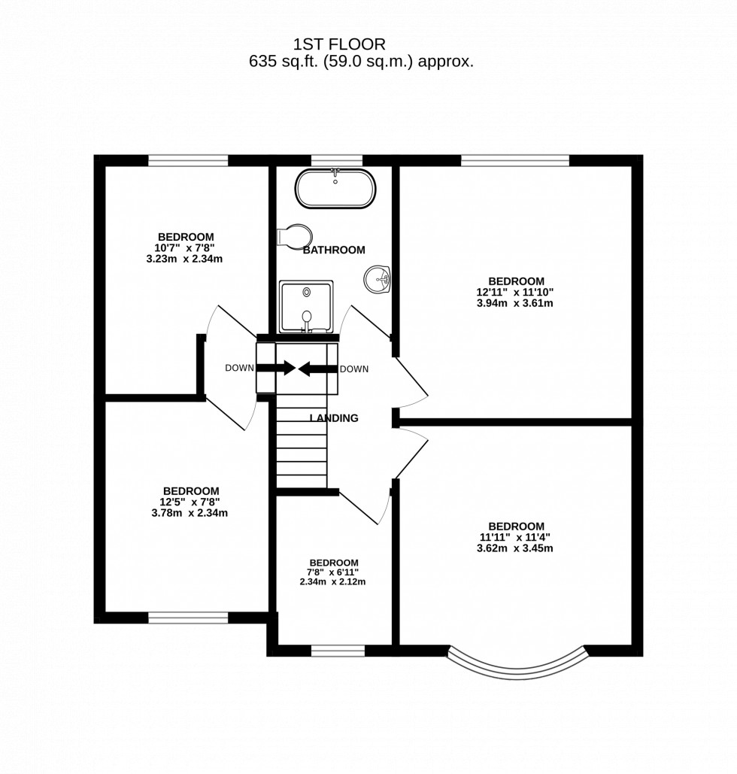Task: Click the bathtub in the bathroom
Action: click(335, 189)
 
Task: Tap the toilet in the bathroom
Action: click(293, 235)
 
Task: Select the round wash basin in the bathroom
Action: click(378, 280)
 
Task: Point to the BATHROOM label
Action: click(334, 250)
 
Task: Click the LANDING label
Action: click(334, 418)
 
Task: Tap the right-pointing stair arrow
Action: click(278, 368)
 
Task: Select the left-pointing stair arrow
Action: click(316, 369)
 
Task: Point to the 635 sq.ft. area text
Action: click(361, 62)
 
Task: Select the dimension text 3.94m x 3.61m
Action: click(515, 303)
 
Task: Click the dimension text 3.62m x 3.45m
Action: click(515, 548)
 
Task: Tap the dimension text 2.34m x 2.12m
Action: click(333, 581)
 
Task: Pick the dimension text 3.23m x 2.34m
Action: click(184, 259)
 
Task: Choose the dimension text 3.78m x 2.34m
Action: click(190, 513)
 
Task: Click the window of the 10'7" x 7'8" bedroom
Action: click(188, 160)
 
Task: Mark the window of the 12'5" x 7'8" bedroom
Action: click(188, 618)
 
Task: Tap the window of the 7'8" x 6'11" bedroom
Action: click(338, 651)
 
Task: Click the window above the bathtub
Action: click(336, 160)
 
